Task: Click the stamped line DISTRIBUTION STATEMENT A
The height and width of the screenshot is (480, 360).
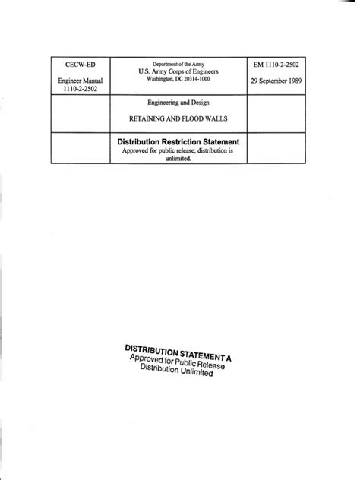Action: [177, 353]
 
